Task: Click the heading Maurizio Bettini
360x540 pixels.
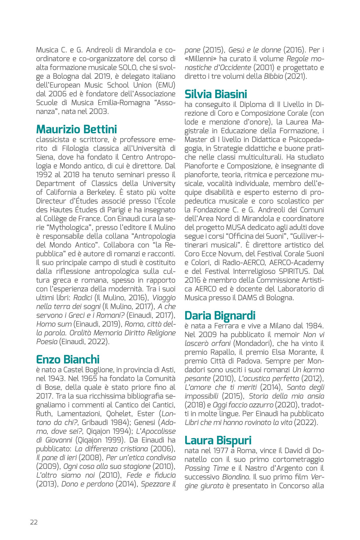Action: [76, 130]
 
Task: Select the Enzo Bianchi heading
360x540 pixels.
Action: [68, 359]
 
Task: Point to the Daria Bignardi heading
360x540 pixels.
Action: [220, 315]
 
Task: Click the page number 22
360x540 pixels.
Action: [34, 522]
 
